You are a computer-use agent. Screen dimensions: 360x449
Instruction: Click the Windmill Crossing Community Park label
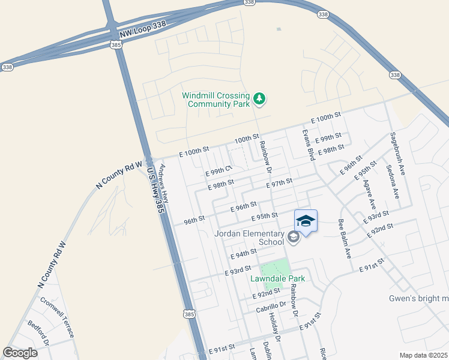coord(216,100)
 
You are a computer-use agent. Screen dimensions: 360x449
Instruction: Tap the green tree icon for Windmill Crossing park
coord(259,98)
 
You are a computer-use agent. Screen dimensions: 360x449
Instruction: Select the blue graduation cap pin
coord(306,221)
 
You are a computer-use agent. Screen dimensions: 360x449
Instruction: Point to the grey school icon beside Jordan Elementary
coord(294,238)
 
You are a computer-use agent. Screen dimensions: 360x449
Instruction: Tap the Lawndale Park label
coord(278,278)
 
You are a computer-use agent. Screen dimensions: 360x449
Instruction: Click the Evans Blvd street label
coord(309,145)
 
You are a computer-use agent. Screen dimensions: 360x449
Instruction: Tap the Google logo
coord(20,353)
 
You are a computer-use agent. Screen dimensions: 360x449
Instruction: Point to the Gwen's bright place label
coord(418,298)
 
